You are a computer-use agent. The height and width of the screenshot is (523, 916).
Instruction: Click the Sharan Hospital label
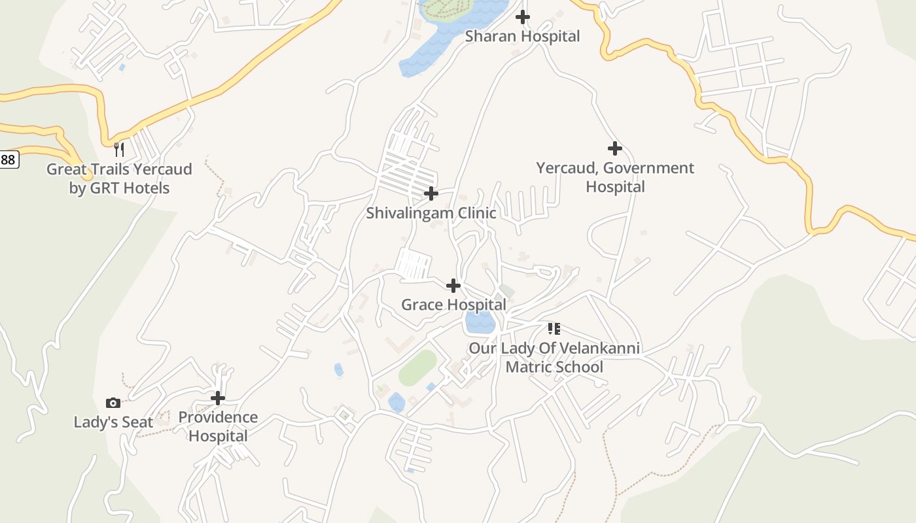522,37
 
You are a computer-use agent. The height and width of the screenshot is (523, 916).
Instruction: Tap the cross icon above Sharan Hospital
522,17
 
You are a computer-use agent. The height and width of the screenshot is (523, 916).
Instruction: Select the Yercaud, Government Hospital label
615,177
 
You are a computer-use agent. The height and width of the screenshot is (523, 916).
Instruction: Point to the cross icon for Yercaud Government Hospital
614,148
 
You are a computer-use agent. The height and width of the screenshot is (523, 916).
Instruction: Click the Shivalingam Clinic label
431,213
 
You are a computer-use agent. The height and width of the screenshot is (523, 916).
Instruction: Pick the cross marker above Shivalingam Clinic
431,194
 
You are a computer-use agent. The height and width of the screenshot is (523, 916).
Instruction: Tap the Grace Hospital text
453,305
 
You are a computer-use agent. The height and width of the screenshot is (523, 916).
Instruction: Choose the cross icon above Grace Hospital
453,286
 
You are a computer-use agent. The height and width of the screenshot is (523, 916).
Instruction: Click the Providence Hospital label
218,426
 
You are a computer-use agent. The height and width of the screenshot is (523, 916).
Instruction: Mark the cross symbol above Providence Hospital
217,397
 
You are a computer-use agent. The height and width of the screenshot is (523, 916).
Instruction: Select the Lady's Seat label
113,422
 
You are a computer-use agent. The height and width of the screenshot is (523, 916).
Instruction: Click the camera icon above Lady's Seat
113,403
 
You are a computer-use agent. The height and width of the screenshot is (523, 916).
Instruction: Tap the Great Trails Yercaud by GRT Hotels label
119,178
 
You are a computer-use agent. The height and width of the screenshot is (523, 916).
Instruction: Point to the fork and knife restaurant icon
118,150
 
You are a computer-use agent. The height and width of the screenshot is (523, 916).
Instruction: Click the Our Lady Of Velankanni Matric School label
554,357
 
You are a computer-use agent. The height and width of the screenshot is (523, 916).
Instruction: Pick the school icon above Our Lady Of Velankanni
554,328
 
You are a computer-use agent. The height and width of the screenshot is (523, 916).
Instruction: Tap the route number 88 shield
8,159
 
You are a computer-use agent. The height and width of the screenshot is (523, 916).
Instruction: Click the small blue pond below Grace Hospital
480,322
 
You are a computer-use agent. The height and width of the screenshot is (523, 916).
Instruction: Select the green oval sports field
417,368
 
